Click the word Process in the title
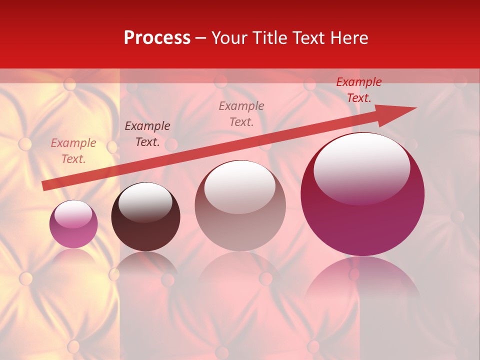(157, 38)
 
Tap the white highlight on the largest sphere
(362, 167)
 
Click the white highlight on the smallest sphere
(73, 214)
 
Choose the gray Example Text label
(241, 113)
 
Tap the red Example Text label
(358, 90)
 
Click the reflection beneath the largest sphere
(362, 280)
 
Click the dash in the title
(201, 38)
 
